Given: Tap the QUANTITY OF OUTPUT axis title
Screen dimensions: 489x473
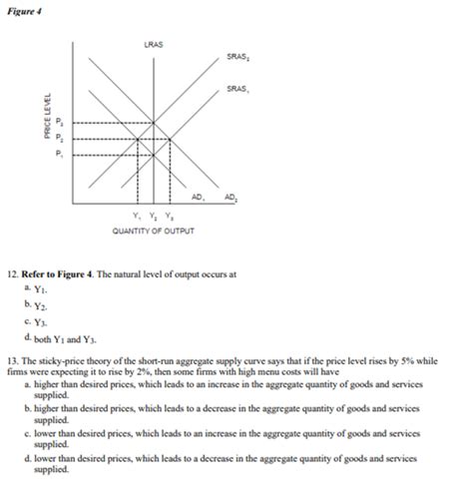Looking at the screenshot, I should click(154, 231).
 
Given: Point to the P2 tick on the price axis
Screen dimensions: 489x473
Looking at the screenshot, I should click(60, 139).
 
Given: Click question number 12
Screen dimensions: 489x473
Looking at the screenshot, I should click(12, 272).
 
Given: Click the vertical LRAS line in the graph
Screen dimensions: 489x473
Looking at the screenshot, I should click(154, 100).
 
